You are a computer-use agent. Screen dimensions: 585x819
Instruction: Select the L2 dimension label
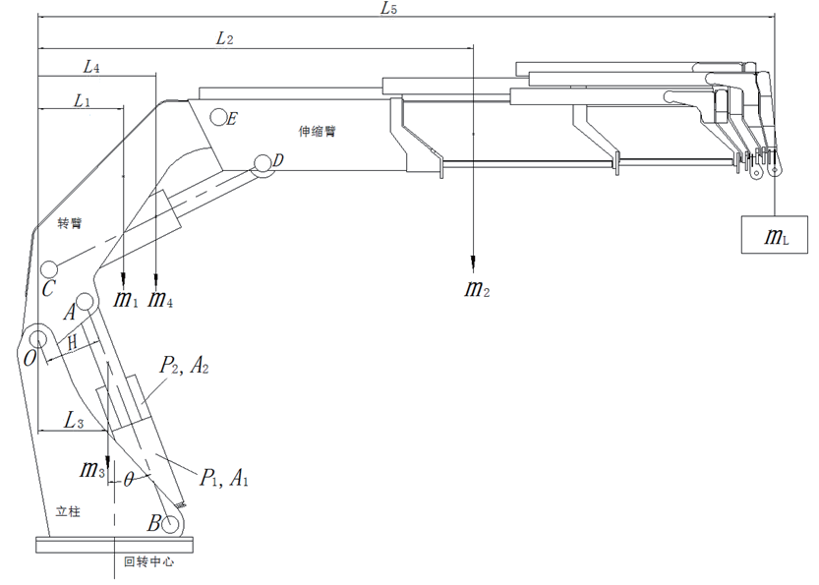pos(224,39)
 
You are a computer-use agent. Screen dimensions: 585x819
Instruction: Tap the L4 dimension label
pos(91,67)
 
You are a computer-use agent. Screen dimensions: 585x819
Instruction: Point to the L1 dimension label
pos(82,101)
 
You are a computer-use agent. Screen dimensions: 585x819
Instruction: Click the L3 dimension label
pos(74,421)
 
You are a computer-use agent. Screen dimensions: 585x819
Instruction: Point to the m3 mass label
pos(92,469)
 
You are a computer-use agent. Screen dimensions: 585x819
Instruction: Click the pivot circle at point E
pos(218,117)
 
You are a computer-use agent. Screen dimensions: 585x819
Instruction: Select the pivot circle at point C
pos(49,270)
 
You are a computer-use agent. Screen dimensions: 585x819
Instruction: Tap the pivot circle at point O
pos(38,339)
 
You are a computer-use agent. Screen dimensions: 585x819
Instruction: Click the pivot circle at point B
pos(171,524)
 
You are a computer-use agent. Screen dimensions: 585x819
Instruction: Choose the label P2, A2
pos(184,368)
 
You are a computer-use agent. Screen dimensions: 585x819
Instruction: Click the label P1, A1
pos(222,480)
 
